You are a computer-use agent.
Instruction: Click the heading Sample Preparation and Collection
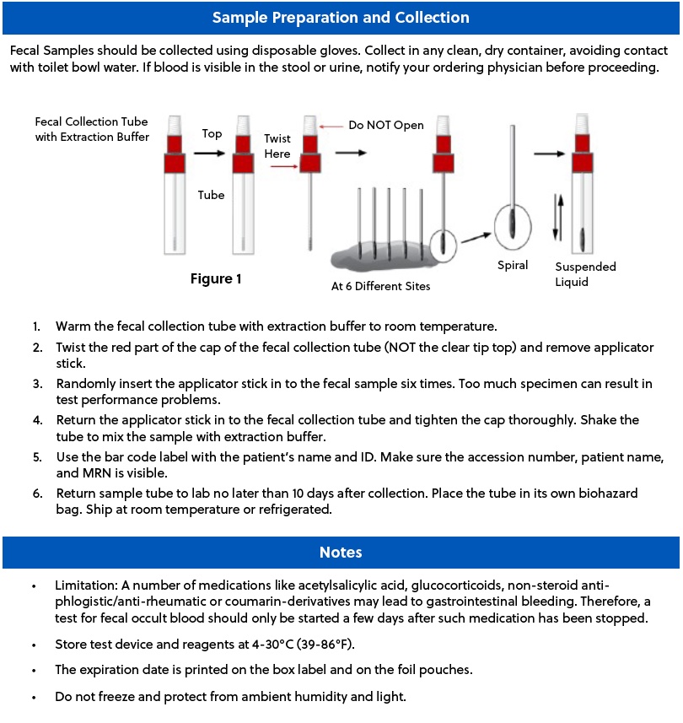click(x=341, y=17)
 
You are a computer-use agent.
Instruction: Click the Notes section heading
click(x=341, y=553)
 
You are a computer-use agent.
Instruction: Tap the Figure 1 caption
click(x=216, y=278)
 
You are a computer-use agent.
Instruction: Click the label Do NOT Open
click(x=386, y=126)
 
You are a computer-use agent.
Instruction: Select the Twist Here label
click(x=277, y=146)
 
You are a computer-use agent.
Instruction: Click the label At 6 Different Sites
click(x=380, y=286)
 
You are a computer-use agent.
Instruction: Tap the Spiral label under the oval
click(x=513, y=265)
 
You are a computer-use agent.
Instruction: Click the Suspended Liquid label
click(x=584, y=274)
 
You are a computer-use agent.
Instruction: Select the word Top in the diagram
click(x=212, y=134)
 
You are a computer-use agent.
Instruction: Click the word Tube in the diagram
click(x=211, y=195)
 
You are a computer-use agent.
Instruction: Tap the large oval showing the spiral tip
click(x=514, y=224)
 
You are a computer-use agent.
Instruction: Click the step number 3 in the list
click(x=37, y=384)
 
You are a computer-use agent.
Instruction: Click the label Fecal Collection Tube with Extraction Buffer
click(x=92, y=129)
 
